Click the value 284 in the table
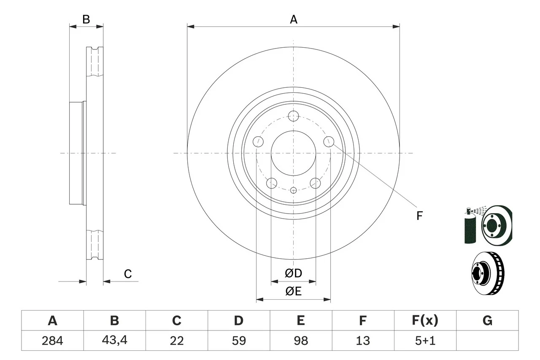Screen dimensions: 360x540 [52, 341]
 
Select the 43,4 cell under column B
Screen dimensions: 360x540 [114, 341]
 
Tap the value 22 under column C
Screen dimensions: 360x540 [176, 341]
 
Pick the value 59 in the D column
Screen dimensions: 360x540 [238, 341]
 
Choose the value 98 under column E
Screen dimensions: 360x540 [300, 341]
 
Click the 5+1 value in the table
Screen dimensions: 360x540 [425, 341]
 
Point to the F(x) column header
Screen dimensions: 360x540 [425, 321]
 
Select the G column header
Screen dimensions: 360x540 [487, 321]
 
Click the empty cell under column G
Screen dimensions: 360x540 [487, 341]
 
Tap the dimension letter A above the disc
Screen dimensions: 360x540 [293, 19]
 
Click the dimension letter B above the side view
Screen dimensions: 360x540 [86, 19]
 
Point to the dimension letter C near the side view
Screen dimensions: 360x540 [128, 274]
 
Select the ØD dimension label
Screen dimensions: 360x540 [293, 273]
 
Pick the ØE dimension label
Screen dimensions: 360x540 [293, 291]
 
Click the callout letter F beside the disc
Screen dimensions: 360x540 [419, 216]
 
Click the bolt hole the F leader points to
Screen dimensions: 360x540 [329, 142]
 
